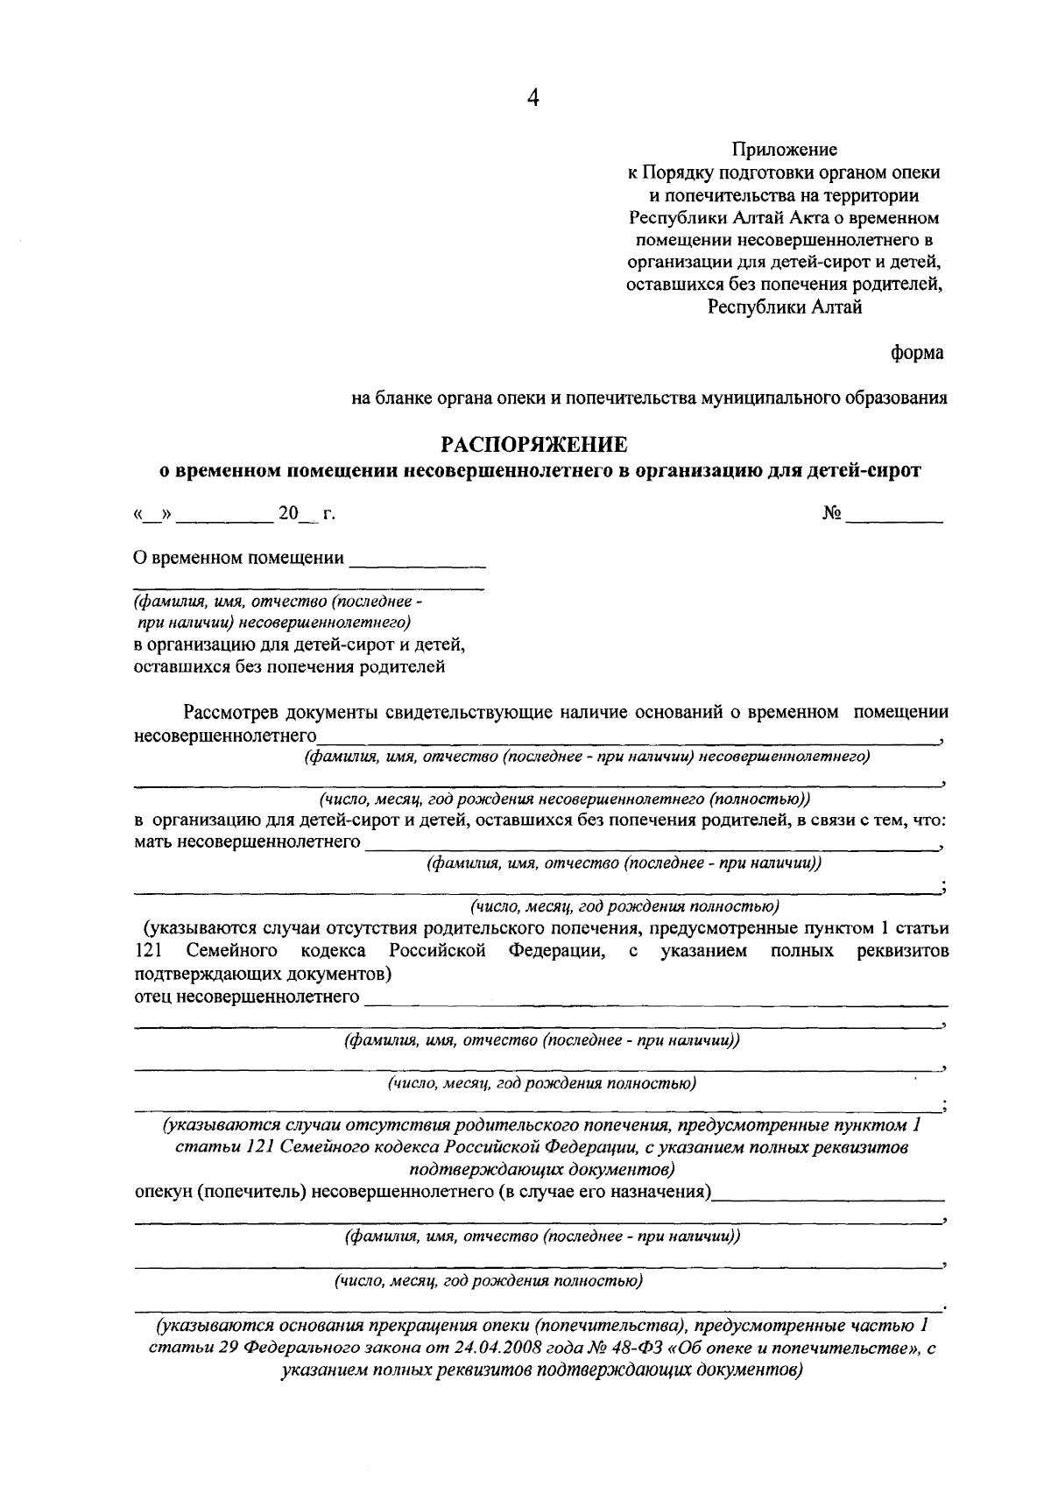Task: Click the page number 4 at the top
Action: [x=533, y=99]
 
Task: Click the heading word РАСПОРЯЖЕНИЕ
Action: [x=533, y=445]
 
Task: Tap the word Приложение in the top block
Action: [x=785, y=151]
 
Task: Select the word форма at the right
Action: [x=917, y=352]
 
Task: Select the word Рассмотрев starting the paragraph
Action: [x=233, y=712]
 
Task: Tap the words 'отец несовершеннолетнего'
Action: [x=247, y=997]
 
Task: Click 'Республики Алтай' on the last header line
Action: [x=785, y=307]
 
